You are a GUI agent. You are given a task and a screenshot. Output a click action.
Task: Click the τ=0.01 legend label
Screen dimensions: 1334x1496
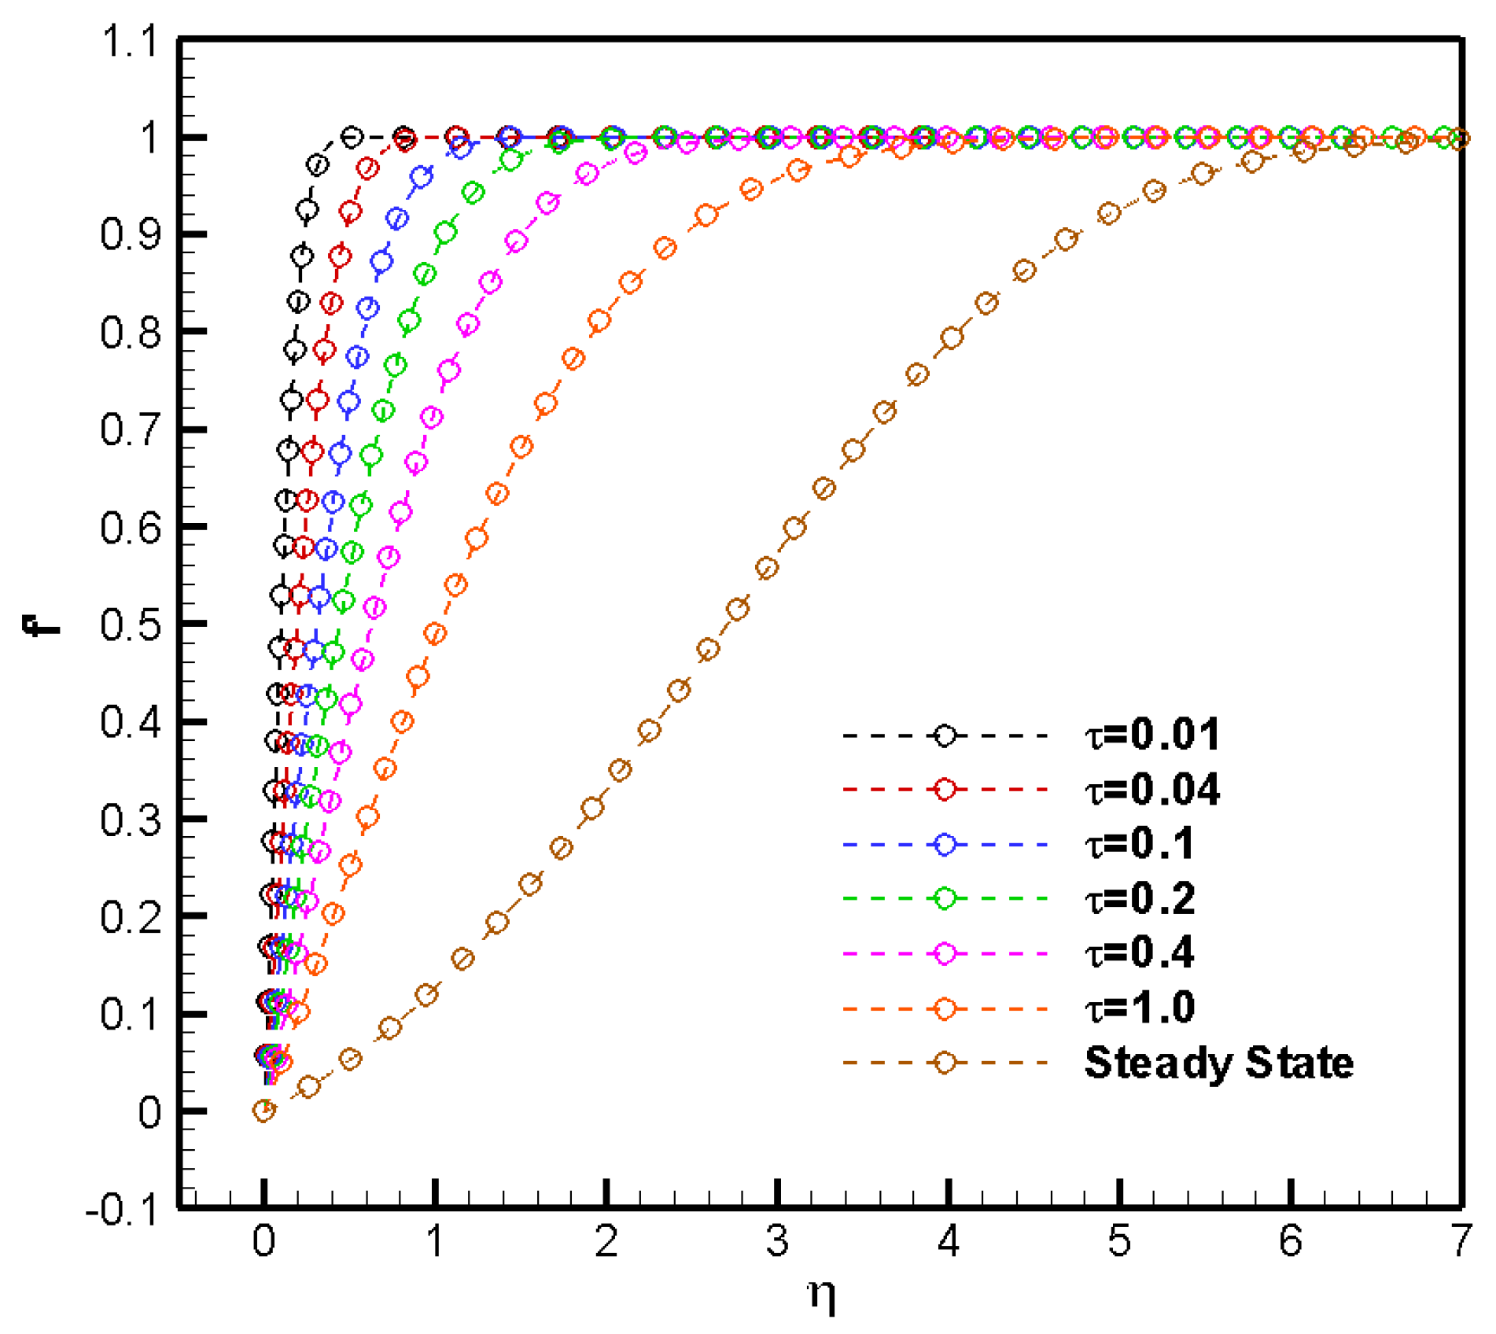point(1152,735)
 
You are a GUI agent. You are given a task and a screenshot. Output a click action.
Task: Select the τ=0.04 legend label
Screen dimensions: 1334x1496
point(1152,789)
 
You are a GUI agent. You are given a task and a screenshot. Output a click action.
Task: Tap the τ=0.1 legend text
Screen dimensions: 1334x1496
point(1140,843)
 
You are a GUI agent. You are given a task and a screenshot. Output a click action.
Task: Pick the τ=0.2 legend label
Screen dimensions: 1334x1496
point(1140,897)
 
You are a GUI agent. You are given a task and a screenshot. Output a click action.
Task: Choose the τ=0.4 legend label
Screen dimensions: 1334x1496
point(1140,953)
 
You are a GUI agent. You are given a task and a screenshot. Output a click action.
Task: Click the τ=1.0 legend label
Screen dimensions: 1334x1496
point(1140,1008)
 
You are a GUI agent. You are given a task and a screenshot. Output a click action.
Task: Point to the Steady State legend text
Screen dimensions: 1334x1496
point(1218,1063)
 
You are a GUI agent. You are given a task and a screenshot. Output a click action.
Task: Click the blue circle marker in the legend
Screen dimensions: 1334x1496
point(945,844)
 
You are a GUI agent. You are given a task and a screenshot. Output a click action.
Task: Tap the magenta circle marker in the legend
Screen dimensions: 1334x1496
point(945,953)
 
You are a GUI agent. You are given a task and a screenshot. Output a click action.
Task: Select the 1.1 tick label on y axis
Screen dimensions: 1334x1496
point(130,41)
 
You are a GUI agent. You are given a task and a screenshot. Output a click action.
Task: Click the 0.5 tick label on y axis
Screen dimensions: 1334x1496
point(130,625)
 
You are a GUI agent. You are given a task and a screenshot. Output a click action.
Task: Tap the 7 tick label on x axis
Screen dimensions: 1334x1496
point(1461,1242)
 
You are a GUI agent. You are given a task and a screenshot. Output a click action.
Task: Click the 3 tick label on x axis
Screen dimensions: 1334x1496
point(776,1242)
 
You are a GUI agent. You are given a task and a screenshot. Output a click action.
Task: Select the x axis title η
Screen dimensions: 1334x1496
point(822,1294)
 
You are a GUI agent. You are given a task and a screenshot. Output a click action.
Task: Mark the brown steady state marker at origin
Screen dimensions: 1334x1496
point(264,1111)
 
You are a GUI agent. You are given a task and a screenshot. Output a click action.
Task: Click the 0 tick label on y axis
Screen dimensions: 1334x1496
point(149,1113)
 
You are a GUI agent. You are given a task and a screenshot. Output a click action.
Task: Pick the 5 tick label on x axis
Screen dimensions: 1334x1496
point(1118,1242)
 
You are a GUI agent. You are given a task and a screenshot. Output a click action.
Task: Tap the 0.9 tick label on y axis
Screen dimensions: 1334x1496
point(130,235)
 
